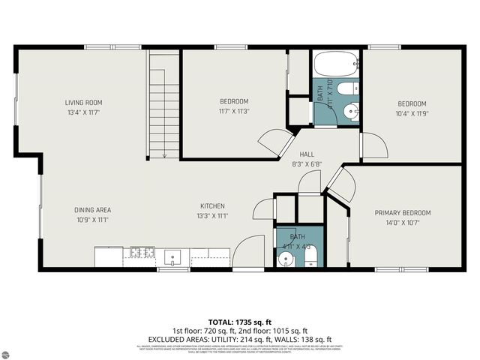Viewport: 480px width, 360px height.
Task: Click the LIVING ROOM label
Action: pyautogui.click(x=82, y=103)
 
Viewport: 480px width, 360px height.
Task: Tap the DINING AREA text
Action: pyautogui.click(x=92, y=210)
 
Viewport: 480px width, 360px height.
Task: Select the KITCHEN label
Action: pyautogui.click(x=212, y=206)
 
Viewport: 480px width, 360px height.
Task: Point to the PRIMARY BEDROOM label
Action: pyautogui.click(x=403, y=213)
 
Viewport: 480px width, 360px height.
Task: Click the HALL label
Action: pyautogui.click(x=307, y=154)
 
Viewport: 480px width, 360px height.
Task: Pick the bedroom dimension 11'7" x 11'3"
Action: pyautogui.click(x=234, y=112)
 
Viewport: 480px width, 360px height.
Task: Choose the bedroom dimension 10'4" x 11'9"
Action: pyautogui.click(x=412, y=114)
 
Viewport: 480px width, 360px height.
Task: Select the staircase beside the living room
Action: pyautogui.click(x=163, y=105)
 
